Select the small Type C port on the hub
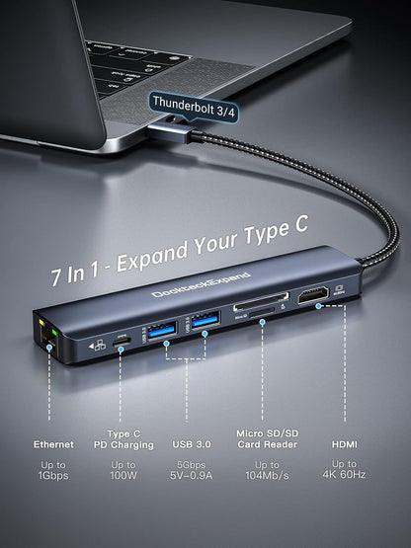(123, 335)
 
